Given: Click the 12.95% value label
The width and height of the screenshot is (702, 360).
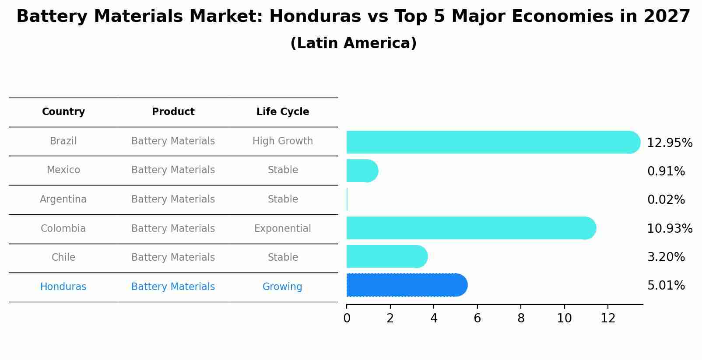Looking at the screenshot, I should click(669, 143).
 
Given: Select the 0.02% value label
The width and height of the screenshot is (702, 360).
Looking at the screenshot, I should click(666, 200).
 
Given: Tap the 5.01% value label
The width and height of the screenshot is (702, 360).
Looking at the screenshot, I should click(666, 286).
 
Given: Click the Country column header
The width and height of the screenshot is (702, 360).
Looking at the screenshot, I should click(63, 112).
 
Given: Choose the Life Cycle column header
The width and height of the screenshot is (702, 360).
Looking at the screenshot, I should click(283, 112).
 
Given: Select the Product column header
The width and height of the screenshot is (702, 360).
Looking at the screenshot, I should click(173, 112).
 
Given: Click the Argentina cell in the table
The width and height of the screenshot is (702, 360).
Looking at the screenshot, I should click(63, 199).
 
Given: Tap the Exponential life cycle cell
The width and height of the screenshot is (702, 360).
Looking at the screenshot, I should click(283, 229).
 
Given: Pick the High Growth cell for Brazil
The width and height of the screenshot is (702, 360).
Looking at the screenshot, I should click(283, 141).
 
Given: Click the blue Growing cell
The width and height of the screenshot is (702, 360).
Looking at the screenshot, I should click(282, 287).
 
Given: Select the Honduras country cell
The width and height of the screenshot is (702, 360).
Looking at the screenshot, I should click(63, 287).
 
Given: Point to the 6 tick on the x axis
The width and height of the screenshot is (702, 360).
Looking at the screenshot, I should click(477, 318).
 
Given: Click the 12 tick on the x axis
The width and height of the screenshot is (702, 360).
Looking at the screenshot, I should click(608, 318).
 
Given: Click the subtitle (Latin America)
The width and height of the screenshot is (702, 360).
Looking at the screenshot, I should click(353, 43).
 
